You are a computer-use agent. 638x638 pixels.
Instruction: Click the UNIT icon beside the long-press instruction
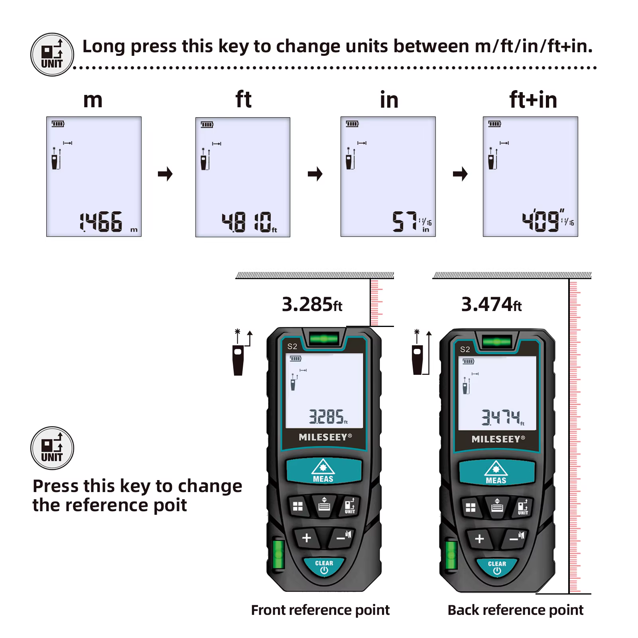point(52,55)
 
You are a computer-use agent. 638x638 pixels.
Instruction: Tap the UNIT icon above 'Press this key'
point(52,448)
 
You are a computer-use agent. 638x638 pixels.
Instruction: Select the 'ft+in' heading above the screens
point(533,99)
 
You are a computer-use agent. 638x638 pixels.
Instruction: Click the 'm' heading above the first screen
point(93,100)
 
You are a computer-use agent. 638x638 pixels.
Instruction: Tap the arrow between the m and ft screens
point(165,174)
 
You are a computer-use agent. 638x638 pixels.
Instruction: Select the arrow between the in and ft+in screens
point(460,174)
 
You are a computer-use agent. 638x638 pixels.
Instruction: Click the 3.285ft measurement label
point(312,304)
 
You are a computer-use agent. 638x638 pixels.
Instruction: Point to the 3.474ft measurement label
point(491,304)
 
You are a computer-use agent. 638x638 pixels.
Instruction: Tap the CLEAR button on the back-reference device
point(497,567)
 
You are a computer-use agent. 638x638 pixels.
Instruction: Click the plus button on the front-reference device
point(306,538)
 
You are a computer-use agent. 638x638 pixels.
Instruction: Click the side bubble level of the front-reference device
point(278,553)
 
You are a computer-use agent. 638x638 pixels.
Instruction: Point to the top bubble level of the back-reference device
point(496,342)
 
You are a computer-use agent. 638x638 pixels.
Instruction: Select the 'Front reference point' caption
point(320,610)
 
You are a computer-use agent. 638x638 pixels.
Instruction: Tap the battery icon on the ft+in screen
point(494,124)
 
